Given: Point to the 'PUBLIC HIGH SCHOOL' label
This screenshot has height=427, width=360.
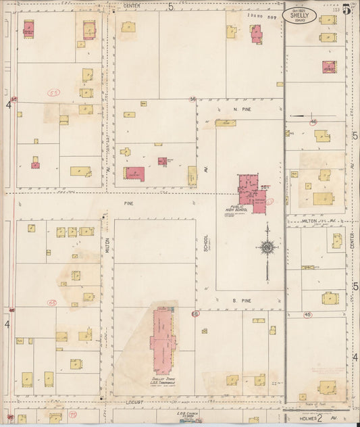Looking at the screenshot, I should (x=239, y=209).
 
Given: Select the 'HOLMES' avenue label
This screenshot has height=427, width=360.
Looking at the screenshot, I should (x=305, y=418).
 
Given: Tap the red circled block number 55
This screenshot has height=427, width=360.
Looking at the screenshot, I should (x=53, y=91).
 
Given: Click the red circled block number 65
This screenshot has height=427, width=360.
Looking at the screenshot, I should (x=52, y=303).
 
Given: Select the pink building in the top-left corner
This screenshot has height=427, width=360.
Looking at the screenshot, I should (x=29, y=29).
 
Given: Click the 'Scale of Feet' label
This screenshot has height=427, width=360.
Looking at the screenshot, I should (x=317, y=403).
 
